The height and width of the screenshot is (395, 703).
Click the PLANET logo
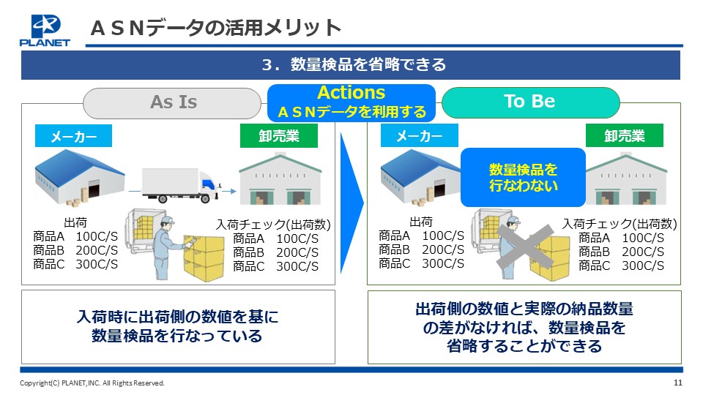(x=45, y=31)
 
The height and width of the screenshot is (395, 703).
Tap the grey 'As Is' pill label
(x=172, y=102)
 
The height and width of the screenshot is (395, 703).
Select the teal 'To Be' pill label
(x=530, y=102)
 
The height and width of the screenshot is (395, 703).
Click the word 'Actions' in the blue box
(x=351, y=93)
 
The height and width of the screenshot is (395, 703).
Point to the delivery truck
(x=182, y=185)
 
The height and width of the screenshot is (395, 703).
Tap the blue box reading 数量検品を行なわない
(x=523, y=177)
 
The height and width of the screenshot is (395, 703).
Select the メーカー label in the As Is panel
(x=73, y=136)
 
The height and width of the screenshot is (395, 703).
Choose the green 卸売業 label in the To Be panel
(x=624, y=136)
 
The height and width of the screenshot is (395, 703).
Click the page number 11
(x=678, y=383)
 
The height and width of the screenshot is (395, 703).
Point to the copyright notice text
(x=92, y=383)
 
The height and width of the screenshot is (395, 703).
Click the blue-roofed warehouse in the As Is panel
(x=79, y=178)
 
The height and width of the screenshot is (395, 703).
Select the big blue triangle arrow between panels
(x=351, y=203)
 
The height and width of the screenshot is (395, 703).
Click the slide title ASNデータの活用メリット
(x=215, y=29)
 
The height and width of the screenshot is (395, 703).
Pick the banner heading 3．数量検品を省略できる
(x=354, y=64)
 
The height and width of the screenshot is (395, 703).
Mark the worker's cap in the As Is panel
(x=167, y=220)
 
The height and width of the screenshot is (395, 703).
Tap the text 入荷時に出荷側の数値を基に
(x=177, y=317)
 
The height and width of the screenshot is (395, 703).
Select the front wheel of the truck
(x=205, y=198)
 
